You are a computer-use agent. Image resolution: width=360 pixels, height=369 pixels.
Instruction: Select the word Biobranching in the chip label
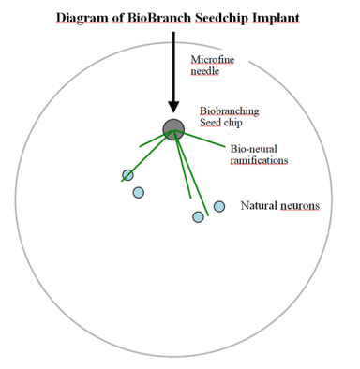[229, 111]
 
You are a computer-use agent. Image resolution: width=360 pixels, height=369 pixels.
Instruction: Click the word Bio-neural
[253, 148]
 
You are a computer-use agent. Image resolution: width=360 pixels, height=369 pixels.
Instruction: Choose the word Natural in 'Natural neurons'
[259, 205]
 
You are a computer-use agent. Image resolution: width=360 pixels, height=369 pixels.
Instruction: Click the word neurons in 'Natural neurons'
[300, 205]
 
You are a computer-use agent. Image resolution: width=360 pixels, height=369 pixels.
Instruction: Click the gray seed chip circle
[173, 128]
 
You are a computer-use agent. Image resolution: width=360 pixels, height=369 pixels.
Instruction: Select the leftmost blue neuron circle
[127, 175]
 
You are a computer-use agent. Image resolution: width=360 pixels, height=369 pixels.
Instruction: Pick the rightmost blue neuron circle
[219, 206]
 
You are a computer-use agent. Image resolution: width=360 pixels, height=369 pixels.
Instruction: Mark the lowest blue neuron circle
[198, 216]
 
